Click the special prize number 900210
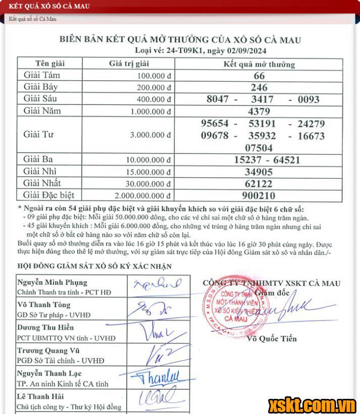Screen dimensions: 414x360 coord(259,195)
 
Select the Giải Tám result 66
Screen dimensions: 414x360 coord(259,76)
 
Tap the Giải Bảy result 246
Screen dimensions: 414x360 coord(259,87)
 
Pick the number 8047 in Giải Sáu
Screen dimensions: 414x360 coord(218,99)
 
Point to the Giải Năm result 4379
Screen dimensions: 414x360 coord(259,112)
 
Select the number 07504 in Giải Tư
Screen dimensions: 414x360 coord(259,148)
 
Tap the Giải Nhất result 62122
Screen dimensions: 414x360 coord(259,184)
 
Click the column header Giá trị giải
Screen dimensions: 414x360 coord(129,64)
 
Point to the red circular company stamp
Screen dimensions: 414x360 coord(230,304)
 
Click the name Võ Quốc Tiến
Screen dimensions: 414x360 coord(272,339)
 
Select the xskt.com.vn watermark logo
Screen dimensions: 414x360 coord(312,404)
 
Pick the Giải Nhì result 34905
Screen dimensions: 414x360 coord(259,172)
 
